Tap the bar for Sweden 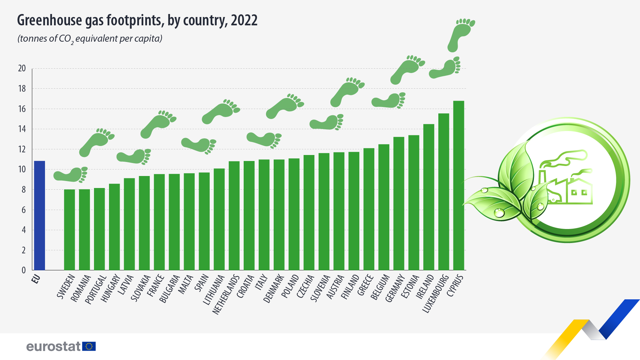[69, 230]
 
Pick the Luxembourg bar [444, 192]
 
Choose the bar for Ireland [429, 197]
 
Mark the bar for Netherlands [234, 216]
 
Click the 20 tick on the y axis [22, 68]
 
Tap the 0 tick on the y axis [24, 270]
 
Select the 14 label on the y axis [22, 129]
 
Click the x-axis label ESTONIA [410, 287]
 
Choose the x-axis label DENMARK [274, 289]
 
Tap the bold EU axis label [36, 279]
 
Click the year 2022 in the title [244, 20]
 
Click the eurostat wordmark [53, 346]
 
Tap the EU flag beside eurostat [89, 346]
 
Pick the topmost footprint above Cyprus [461, 35]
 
